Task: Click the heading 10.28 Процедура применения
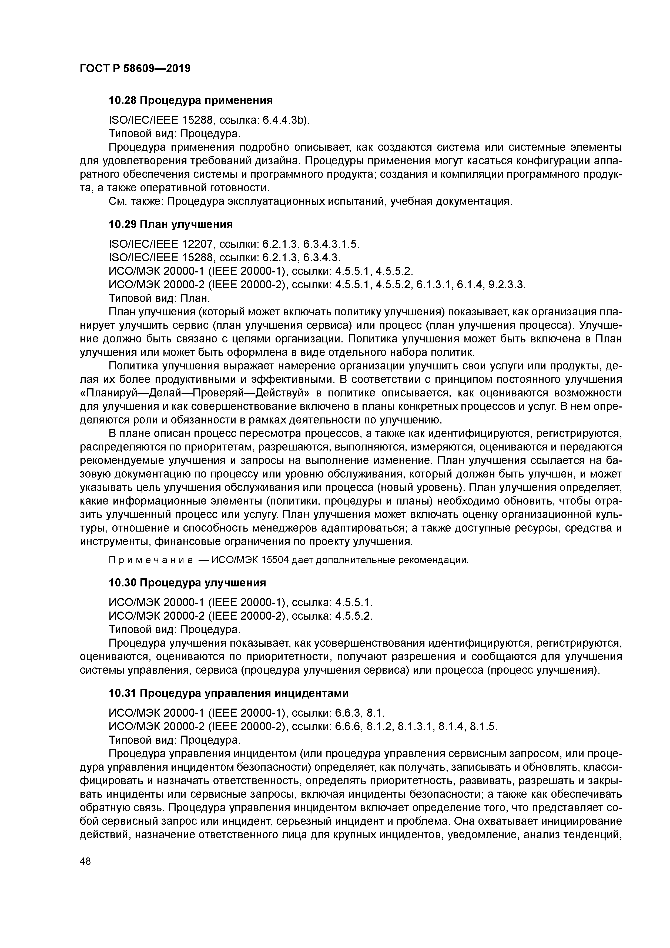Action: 191,100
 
